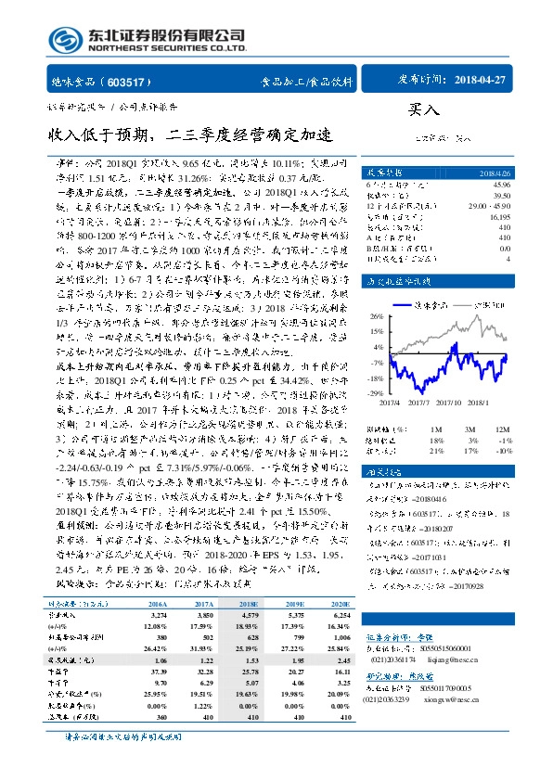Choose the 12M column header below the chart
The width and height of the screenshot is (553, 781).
tap(502, 429)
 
